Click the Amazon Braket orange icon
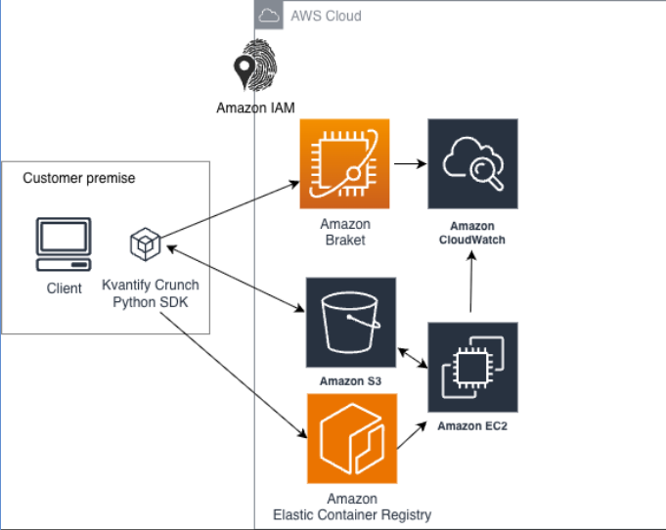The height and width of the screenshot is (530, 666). [344, 163]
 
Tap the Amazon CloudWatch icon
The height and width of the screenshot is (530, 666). [472, 163]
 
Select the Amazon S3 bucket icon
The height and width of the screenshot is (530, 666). [350, 322]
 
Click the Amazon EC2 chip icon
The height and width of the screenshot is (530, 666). [472, 367]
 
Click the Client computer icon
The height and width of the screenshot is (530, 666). [64, 245]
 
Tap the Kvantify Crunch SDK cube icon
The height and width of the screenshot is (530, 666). [146, 244]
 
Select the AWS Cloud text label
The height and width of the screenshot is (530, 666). [326, 16]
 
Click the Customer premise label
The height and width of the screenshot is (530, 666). [79, 178]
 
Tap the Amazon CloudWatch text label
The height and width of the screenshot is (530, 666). [472, 233]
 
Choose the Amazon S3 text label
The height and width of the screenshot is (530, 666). [350, 377]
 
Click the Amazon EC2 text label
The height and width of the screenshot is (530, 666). [472, 425]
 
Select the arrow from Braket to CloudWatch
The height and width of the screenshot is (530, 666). [409, 163]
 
